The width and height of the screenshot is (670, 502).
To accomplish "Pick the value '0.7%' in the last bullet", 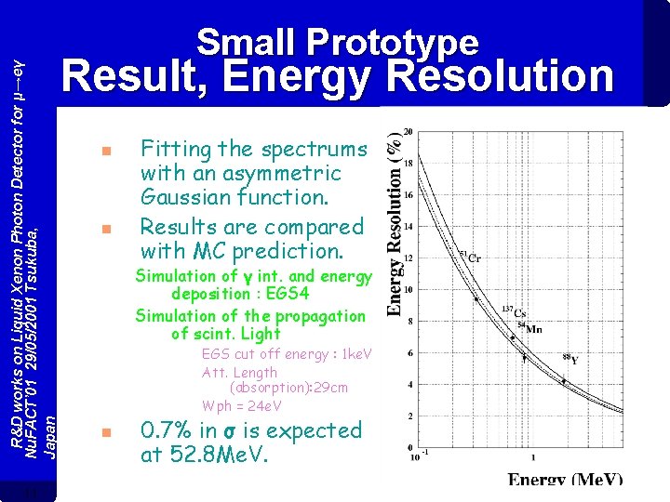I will (x=167, y=430).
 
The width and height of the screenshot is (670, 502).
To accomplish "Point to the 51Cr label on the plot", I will (x=469, y=256).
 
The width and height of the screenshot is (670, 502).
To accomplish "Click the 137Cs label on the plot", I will (x=516, y=313).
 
